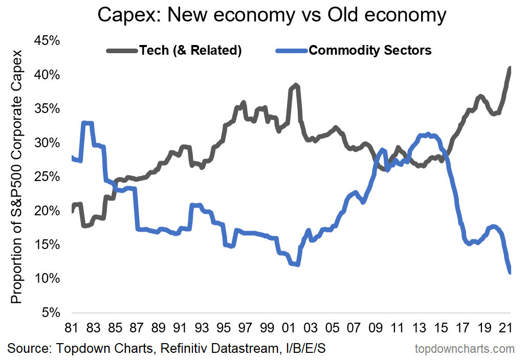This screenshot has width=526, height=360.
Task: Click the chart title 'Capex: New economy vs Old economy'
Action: point(272,15)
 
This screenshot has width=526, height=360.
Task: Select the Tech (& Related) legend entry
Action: point(190,50)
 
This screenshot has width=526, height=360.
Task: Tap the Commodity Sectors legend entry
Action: point(370,50)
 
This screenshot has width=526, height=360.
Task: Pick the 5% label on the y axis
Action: point(53,312)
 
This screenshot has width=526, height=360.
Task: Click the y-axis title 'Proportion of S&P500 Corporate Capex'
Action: point(17,176)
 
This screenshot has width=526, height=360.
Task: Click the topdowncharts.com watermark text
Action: point(464,349)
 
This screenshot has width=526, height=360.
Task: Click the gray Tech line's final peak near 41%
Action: point(510,68)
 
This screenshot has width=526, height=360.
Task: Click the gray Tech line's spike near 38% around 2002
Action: point(296,85)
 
